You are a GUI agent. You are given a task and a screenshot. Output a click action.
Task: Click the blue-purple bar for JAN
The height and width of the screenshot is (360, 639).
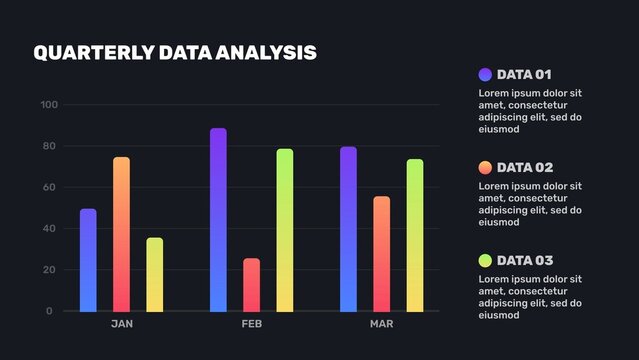88,260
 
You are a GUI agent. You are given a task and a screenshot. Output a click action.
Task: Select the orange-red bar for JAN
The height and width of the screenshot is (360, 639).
121,234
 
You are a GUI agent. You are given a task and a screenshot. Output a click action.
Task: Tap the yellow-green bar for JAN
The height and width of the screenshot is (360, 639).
154,274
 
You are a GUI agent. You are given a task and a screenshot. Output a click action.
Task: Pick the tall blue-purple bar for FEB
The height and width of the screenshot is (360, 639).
218,220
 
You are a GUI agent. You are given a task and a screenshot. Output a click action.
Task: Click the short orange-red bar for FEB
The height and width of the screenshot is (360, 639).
251,285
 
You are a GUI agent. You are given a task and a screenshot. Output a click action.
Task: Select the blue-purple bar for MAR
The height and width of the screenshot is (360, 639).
348,229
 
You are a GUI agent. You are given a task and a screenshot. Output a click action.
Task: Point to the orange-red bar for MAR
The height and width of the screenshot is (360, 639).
381,254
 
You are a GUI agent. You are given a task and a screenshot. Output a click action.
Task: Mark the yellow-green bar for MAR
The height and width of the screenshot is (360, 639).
415,235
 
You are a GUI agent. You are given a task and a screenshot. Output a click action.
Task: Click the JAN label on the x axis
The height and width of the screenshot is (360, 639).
121,324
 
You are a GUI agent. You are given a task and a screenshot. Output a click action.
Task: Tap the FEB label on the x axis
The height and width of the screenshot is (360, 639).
251,324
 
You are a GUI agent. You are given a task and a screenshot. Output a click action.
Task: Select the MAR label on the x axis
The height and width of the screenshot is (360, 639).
381,324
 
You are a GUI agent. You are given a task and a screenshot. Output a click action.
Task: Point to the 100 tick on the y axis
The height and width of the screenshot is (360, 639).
49,105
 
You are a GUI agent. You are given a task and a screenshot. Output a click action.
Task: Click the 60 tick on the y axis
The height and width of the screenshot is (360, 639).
51,188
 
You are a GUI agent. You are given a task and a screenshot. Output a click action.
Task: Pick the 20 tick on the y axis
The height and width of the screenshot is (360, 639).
51,270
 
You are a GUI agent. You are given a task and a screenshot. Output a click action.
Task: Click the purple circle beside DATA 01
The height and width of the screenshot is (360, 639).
485,74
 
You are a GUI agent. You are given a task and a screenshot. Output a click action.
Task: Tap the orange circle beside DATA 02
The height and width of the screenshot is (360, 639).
485,167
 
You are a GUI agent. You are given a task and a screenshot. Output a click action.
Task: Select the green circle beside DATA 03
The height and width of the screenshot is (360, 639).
485,260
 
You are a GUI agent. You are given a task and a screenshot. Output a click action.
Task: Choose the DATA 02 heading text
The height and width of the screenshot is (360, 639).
524,167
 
